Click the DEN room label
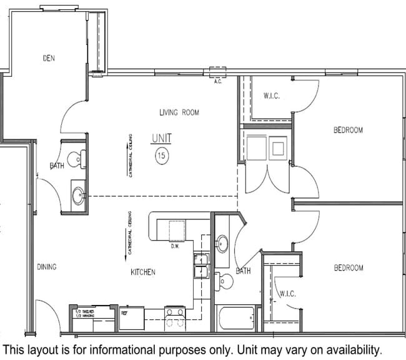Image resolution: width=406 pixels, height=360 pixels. [49, 58]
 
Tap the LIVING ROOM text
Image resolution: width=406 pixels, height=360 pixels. [179, 112]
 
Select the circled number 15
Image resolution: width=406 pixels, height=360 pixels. [161, 156]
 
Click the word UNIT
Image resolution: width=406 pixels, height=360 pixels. [162, 138]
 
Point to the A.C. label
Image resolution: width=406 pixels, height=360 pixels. [218, 81]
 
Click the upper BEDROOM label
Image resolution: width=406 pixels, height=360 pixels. [347, 130]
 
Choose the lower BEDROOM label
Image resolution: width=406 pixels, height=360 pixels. [348, 267]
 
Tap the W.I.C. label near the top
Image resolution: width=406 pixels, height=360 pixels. [272, 96]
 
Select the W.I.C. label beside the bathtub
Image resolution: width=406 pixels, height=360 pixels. [287, 294]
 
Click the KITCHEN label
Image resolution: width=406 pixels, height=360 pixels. [142, 272]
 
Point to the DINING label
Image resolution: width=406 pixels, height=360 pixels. [46, 267]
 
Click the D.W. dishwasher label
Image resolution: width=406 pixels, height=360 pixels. [176, 246]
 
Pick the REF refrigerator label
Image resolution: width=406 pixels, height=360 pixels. [124, 310]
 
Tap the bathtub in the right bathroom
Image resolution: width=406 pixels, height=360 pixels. [235, 317]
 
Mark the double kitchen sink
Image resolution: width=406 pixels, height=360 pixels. [201, 265]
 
